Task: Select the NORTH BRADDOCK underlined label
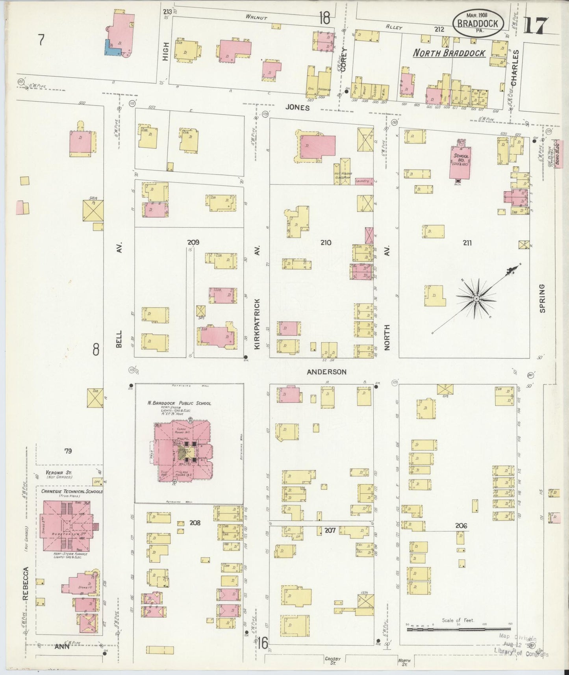click(x=449, y=53)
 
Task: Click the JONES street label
click(x=298, y=108)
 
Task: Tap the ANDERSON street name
click(x=326, y=372)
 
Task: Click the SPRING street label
click(x=542, y=298)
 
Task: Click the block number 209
click(x=193, y=243)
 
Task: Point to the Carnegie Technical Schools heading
click(x=69, y=491)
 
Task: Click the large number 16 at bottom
click(x=263, y=643)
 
